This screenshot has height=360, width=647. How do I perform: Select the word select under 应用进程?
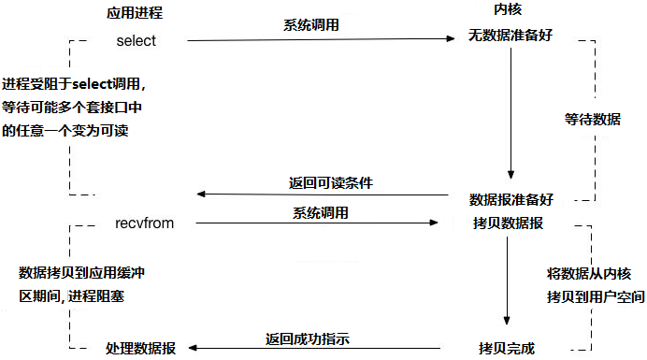[137, 41]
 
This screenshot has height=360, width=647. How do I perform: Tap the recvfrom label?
[145, 223]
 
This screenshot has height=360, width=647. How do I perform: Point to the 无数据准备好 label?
[511, 39]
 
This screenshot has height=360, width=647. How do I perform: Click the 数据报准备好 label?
[511, 199]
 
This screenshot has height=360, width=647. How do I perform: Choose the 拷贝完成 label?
[509, 348]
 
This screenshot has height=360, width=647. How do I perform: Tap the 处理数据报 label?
[146, 348]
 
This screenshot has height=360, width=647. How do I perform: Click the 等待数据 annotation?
[592, 120]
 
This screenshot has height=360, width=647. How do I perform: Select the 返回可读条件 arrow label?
[332, 183]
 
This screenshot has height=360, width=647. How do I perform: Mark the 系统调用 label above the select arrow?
[311, 25]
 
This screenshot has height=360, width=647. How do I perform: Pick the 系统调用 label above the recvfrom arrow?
[321, 212]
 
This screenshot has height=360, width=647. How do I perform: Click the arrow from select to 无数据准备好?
[318, 40]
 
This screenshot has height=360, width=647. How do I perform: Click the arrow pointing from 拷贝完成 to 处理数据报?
[318, 349]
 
